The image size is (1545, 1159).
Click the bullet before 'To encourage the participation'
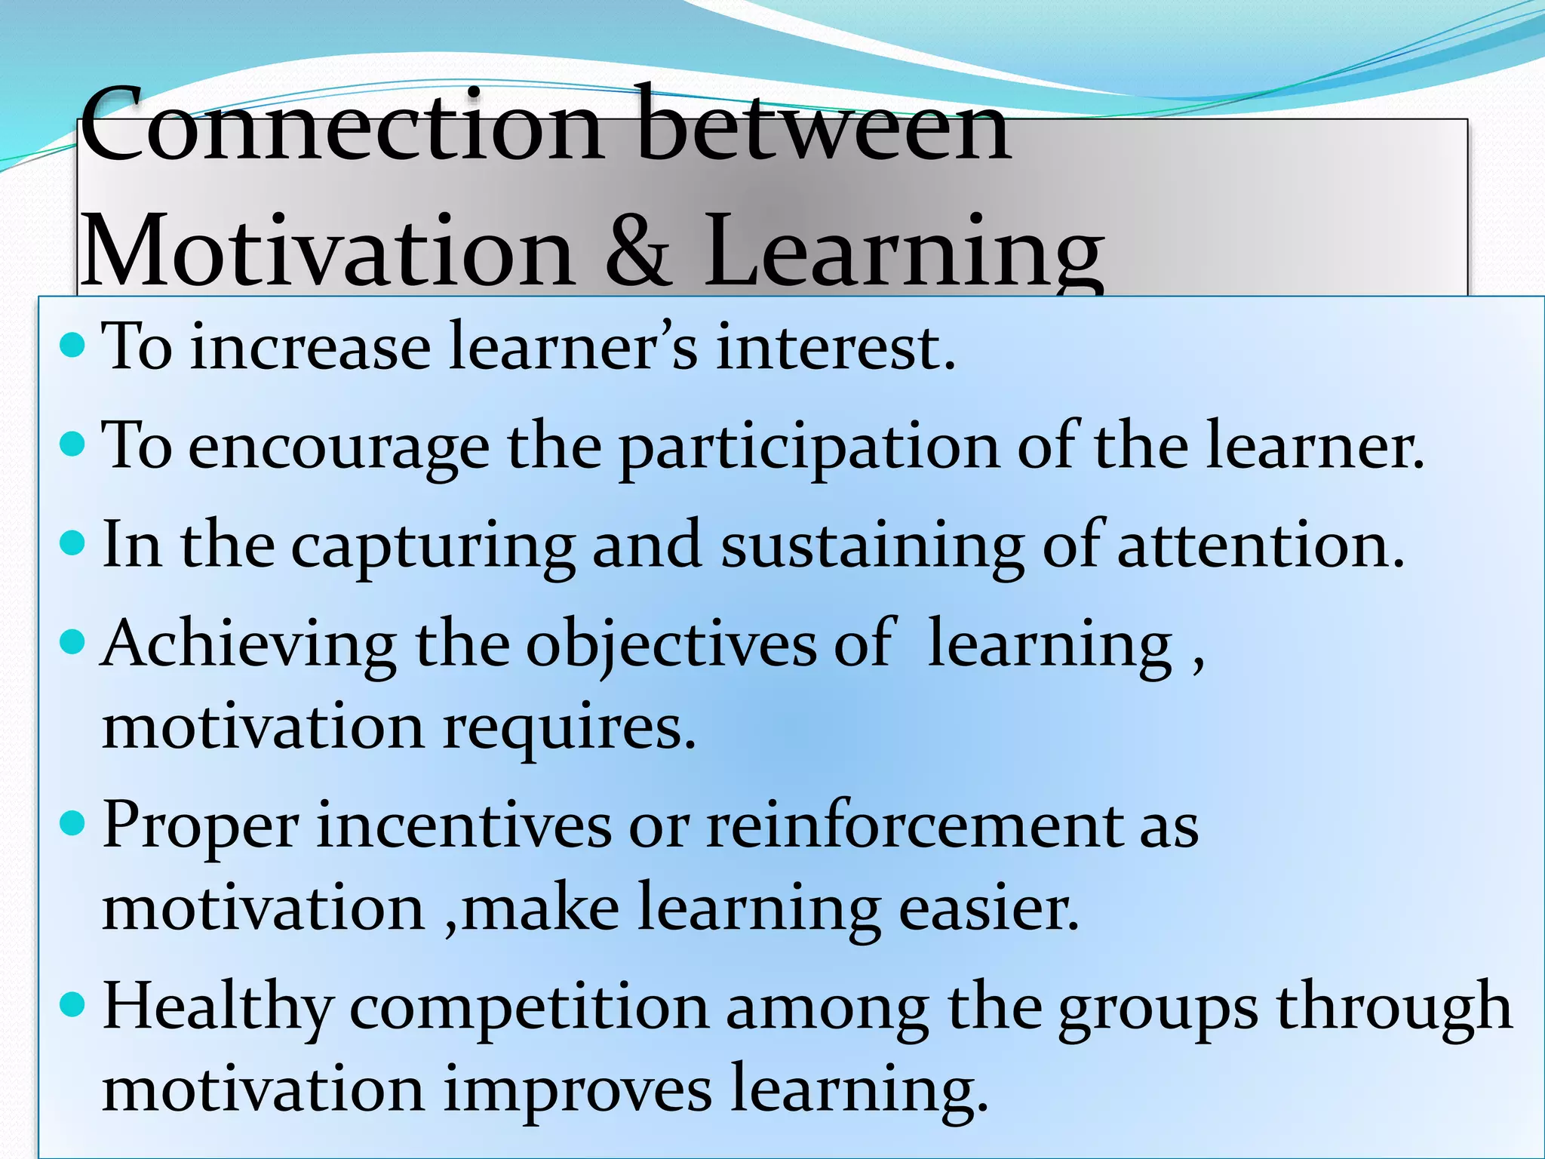point(73,444)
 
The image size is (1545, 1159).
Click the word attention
point(1260,545)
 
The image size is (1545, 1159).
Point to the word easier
point(988,908)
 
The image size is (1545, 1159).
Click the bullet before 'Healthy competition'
point(73,1004)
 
